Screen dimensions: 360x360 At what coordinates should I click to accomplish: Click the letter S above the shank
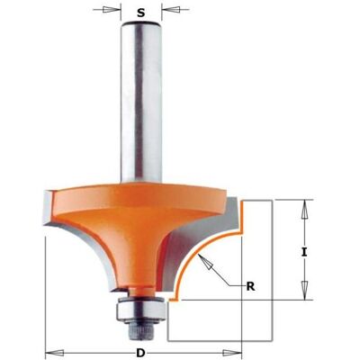click(141, 13)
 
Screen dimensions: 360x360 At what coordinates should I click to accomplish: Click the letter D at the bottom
click(139, 352)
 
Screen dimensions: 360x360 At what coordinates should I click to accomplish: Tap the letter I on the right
click(304, 253)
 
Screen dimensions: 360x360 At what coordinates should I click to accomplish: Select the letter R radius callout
click(250, 287)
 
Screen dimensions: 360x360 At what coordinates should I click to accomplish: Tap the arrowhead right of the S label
click(171, 10)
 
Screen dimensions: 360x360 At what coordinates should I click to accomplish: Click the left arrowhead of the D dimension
click(54, 352)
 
